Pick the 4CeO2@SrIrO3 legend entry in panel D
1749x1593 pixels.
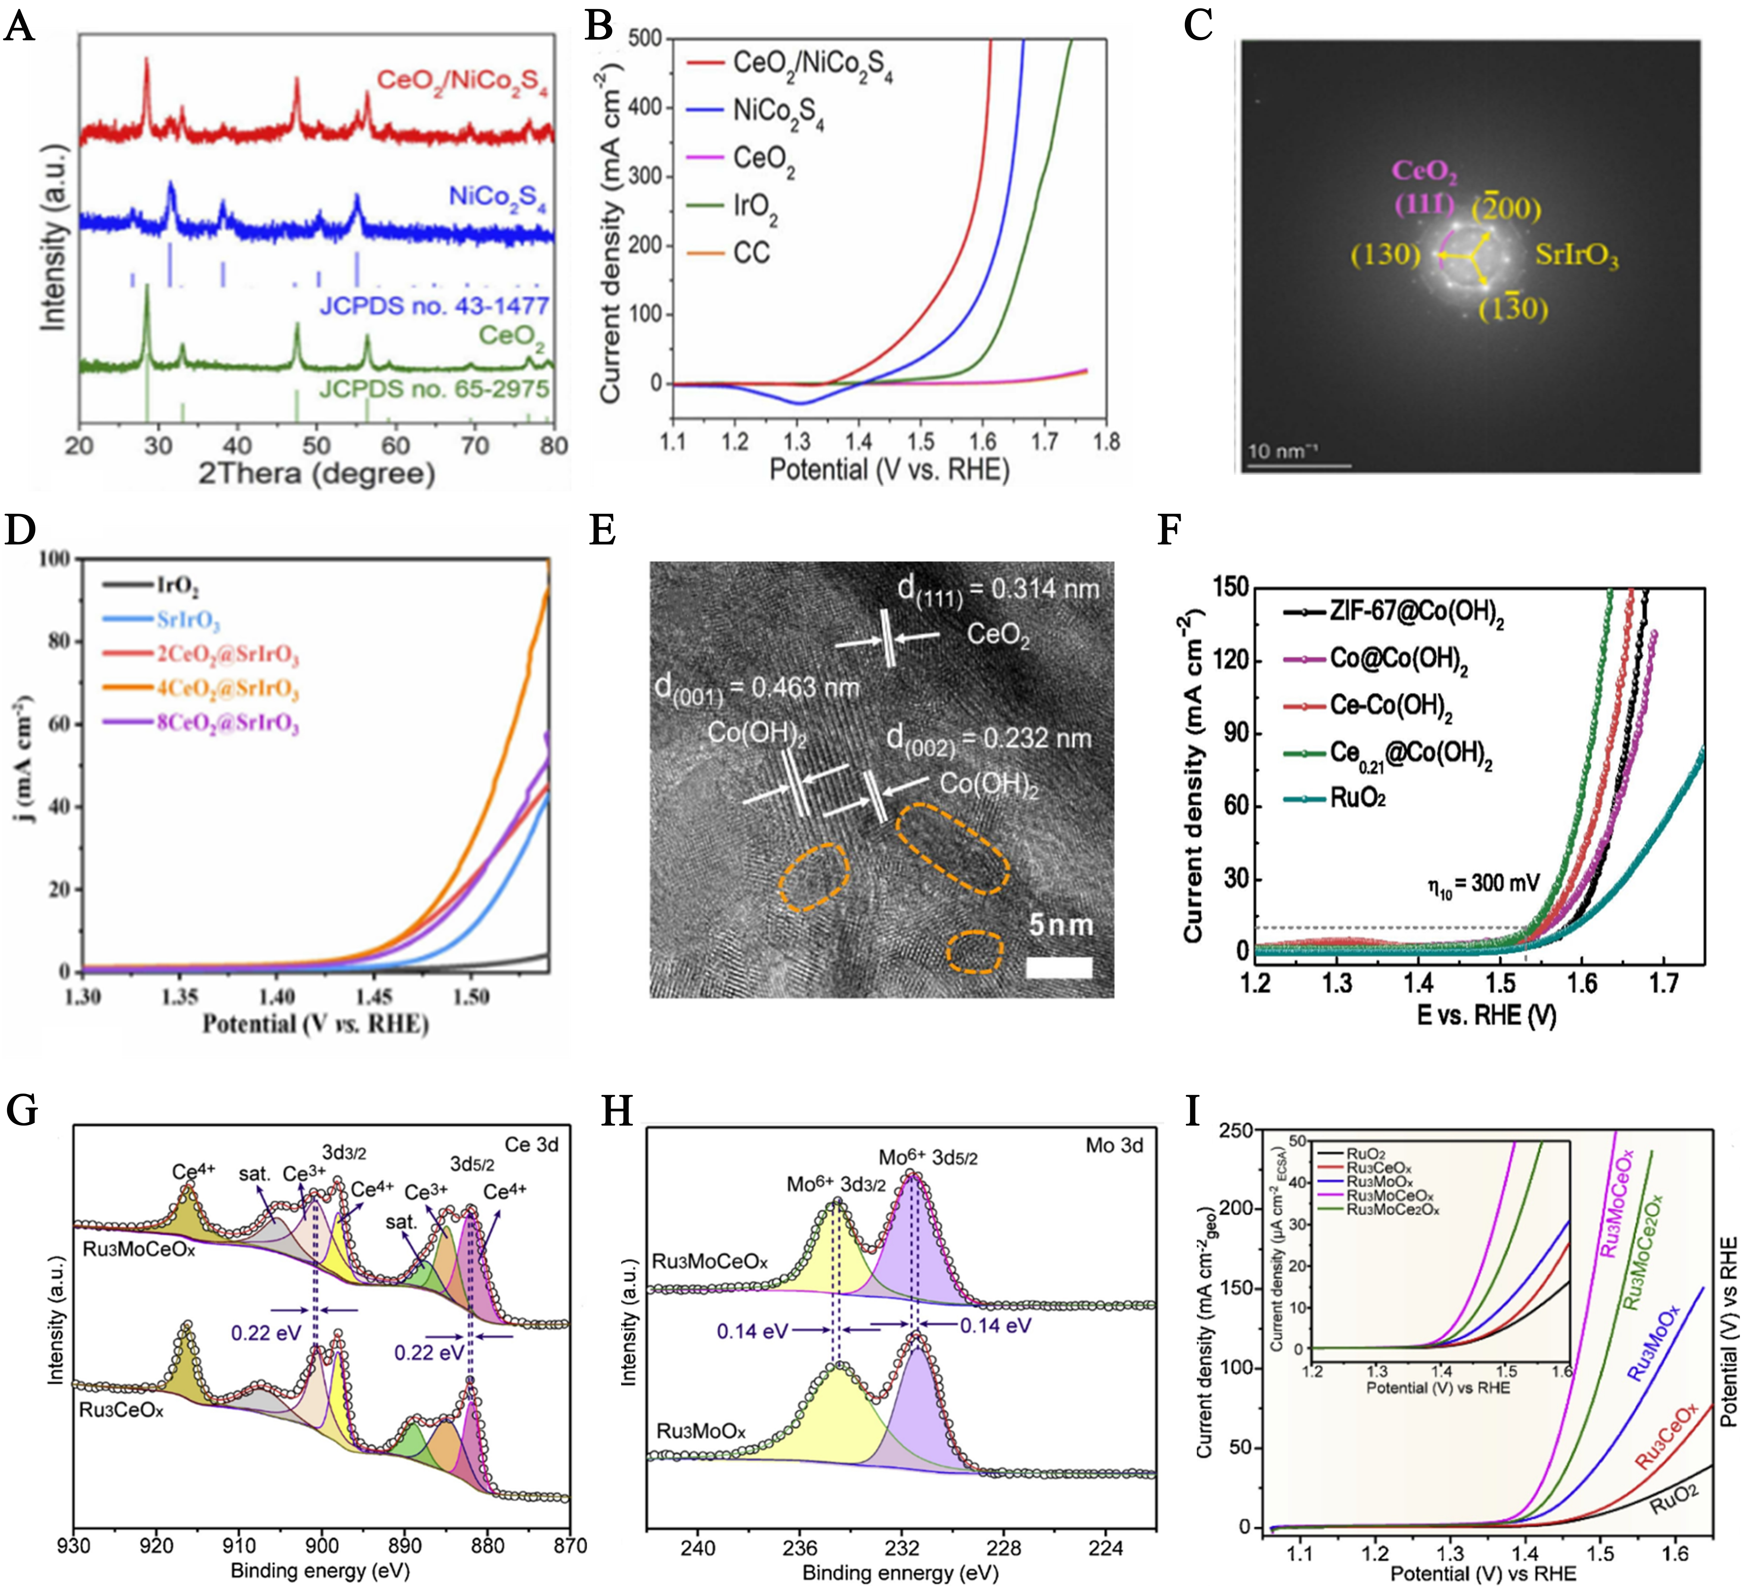[227, 688]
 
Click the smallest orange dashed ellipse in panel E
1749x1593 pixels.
[974, 952]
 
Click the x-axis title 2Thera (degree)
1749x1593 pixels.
[317, 474]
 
